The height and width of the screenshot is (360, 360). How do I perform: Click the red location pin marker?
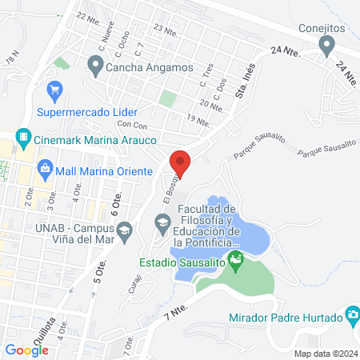coord(180,163)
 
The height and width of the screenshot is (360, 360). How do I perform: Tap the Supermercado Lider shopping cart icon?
coord(55,90)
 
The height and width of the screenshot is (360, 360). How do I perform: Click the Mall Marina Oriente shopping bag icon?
coord(45,170)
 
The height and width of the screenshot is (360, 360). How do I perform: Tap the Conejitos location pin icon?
coord(326,47)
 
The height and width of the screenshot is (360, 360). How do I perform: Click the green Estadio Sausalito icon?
coord(235,261)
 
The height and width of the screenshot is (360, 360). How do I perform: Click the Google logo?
coord(26,349)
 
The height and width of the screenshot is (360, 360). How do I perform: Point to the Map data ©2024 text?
coord(323,353)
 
